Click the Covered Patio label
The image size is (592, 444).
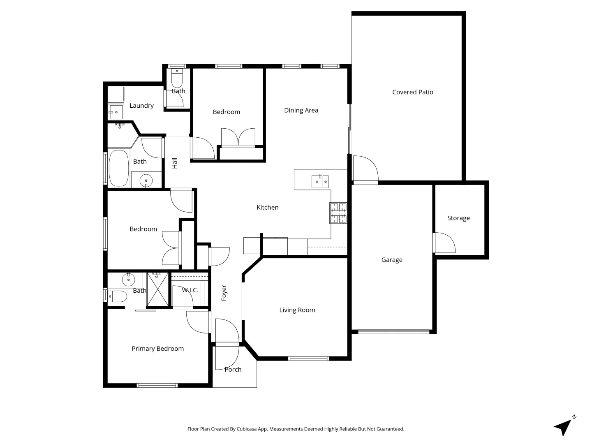pyautogui.click(x=413, y=92)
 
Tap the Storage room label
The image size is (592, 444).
pyautogui.click(x=458, y=218)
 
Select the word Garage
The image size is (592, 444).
pyautogui.click(x=392, y=260)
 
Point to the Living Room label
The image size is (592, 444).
pyautogui.click(x=297, y=310)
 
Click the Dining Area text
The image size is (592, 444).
pyautogui.click(x=301, y=110)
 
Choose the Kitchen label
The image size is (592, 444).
pyautogui.click(x=268, y=207)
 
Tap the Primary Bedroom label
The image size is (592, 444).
pyautogui.click(x=158, y=349)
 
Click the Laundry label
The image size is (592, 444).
pyautogui.click(x=141, y=106)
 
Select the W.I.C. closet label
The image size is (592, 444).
pyautogui.click(x=190, y=290)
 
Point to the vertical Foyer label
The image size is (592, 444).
pyautogui.click(x=224, y=293)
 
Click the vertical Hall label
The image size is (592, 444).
pyautogui.click(x=175, y=163)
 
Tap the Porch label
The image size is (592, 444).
pyautogui.click(x=233, y=369)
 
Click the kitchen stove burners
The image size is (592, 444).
pyautogui.click(x=338, y=213)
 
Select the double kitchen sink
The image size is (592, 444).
pyautogui.click(x=320, y=181)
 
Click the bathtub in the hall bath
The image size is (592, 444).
pyautogui.click(x=119, y=168)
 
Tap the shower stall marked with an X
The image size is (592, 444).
pyautogui.click(x=157, y=289)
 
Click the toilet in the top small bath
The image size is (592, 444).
pyautogui.click(x=177, y=77)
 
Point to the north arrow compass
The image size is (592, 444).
pyautogui.click(x=564, y=426)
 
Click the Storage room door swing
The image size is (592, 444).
pyautogui.click(x=445, y=243)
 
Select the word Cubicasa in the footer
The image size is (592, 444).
pyautogui.click(x=247, y=429)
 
